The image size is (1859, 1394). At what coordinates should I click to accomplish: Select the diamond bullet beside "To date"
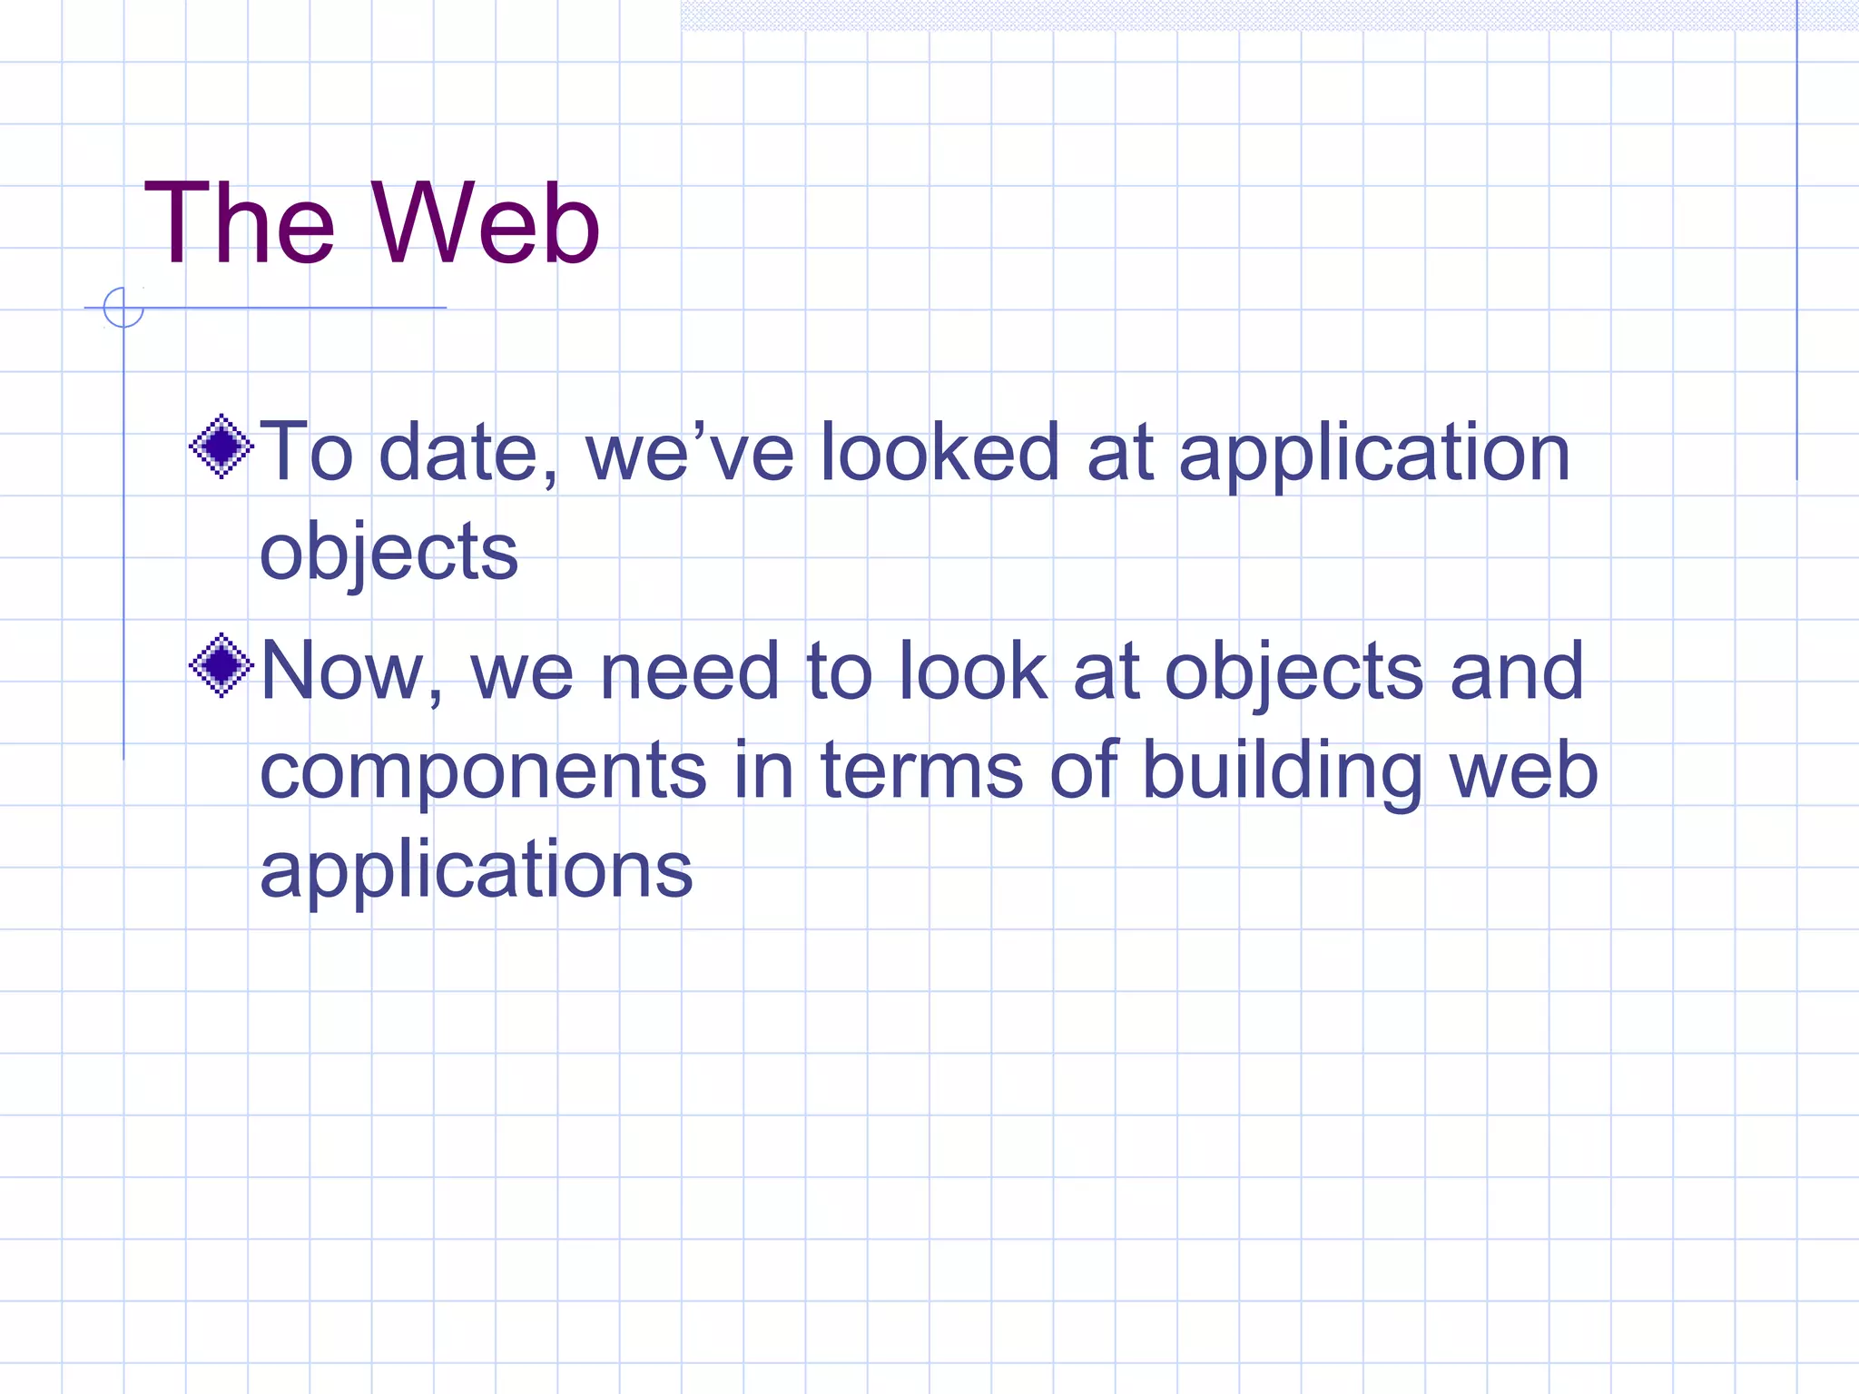click(221, 446)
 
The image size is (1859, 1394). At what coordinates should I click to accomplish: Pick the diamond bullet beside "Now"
click(221, 665)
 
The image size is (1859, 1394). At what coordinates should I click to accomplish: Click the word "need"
click(690, 672)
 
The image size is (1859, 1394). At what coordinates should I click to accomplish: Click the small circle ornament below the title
click(123, 308)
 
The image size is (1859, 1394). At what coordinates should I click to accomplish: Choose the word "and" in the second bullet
click(1517, 672)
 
